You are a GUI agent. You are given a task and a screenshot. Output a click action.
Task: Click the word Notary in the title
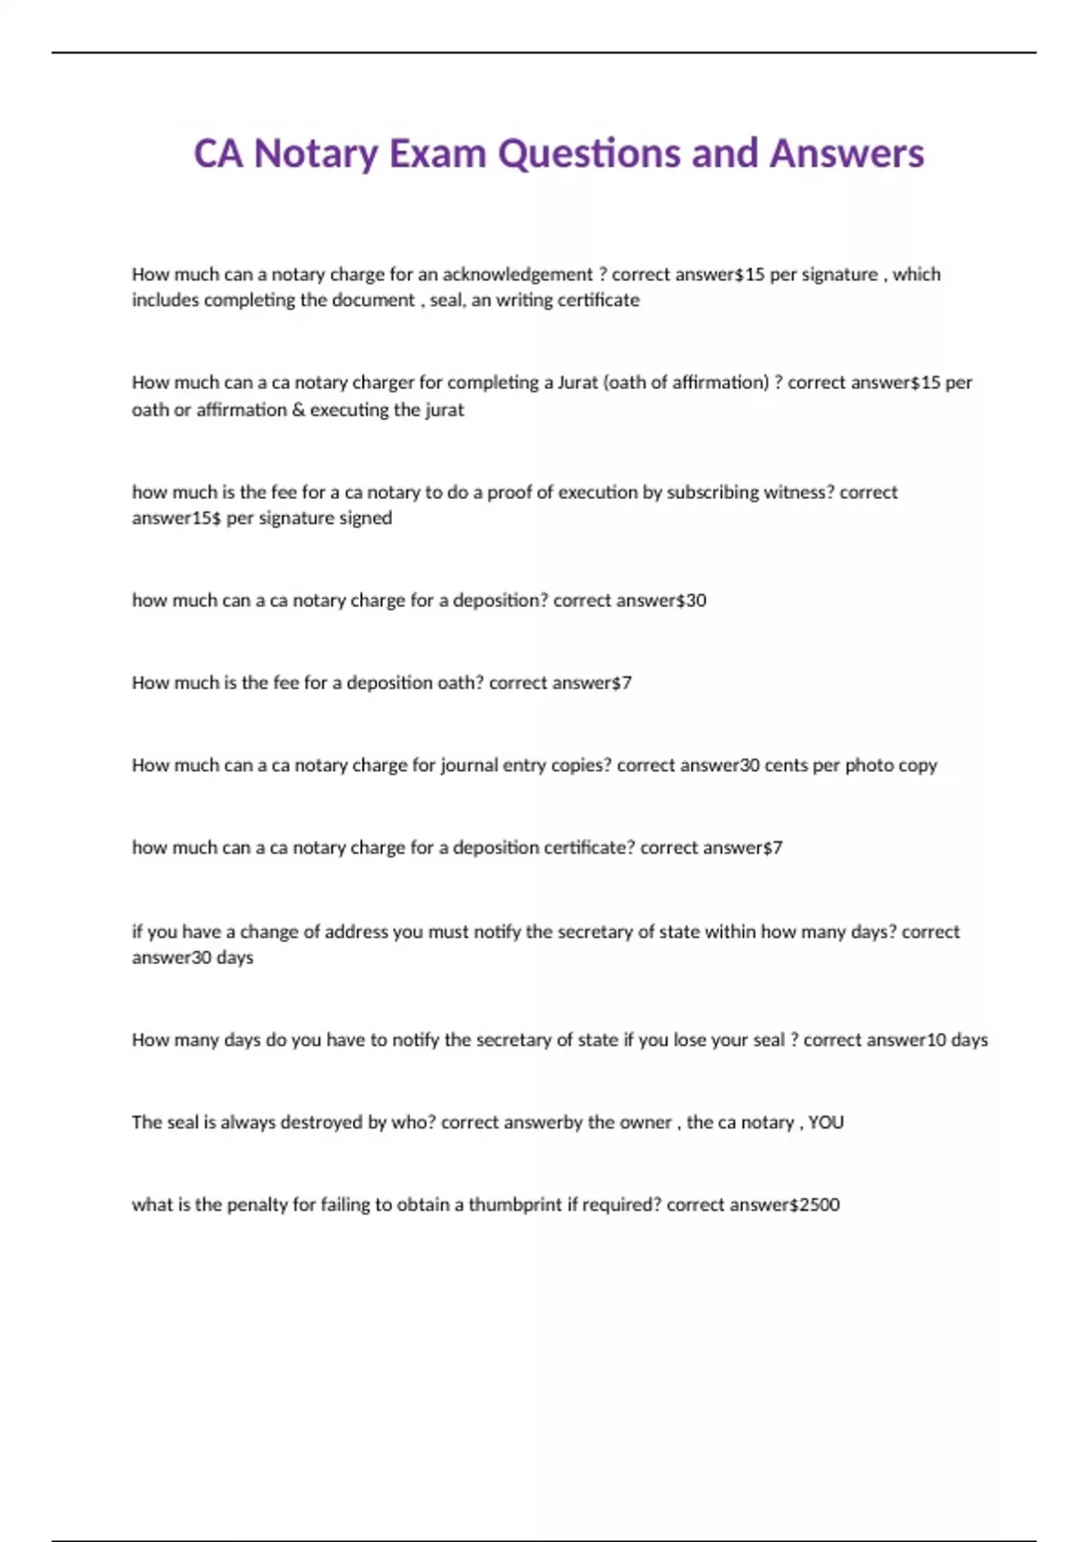point(316,153)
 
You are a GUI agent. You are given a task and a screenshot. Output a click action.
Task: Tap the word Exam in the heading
point(438,153)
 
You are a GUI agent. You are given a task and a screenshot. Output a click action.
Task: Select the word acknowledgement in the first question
point(517,274)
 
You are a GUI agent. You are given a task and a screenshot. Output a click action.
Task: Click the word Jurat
point(578,382)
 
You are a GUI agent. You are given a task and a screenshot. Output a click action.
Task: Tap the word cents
point(786,765)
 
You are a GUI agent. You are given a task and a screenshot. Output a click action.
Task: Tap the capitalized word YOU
point(826,1122)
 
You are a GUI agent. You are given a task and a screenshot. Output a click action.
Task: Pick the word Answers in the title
point(847,153)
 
